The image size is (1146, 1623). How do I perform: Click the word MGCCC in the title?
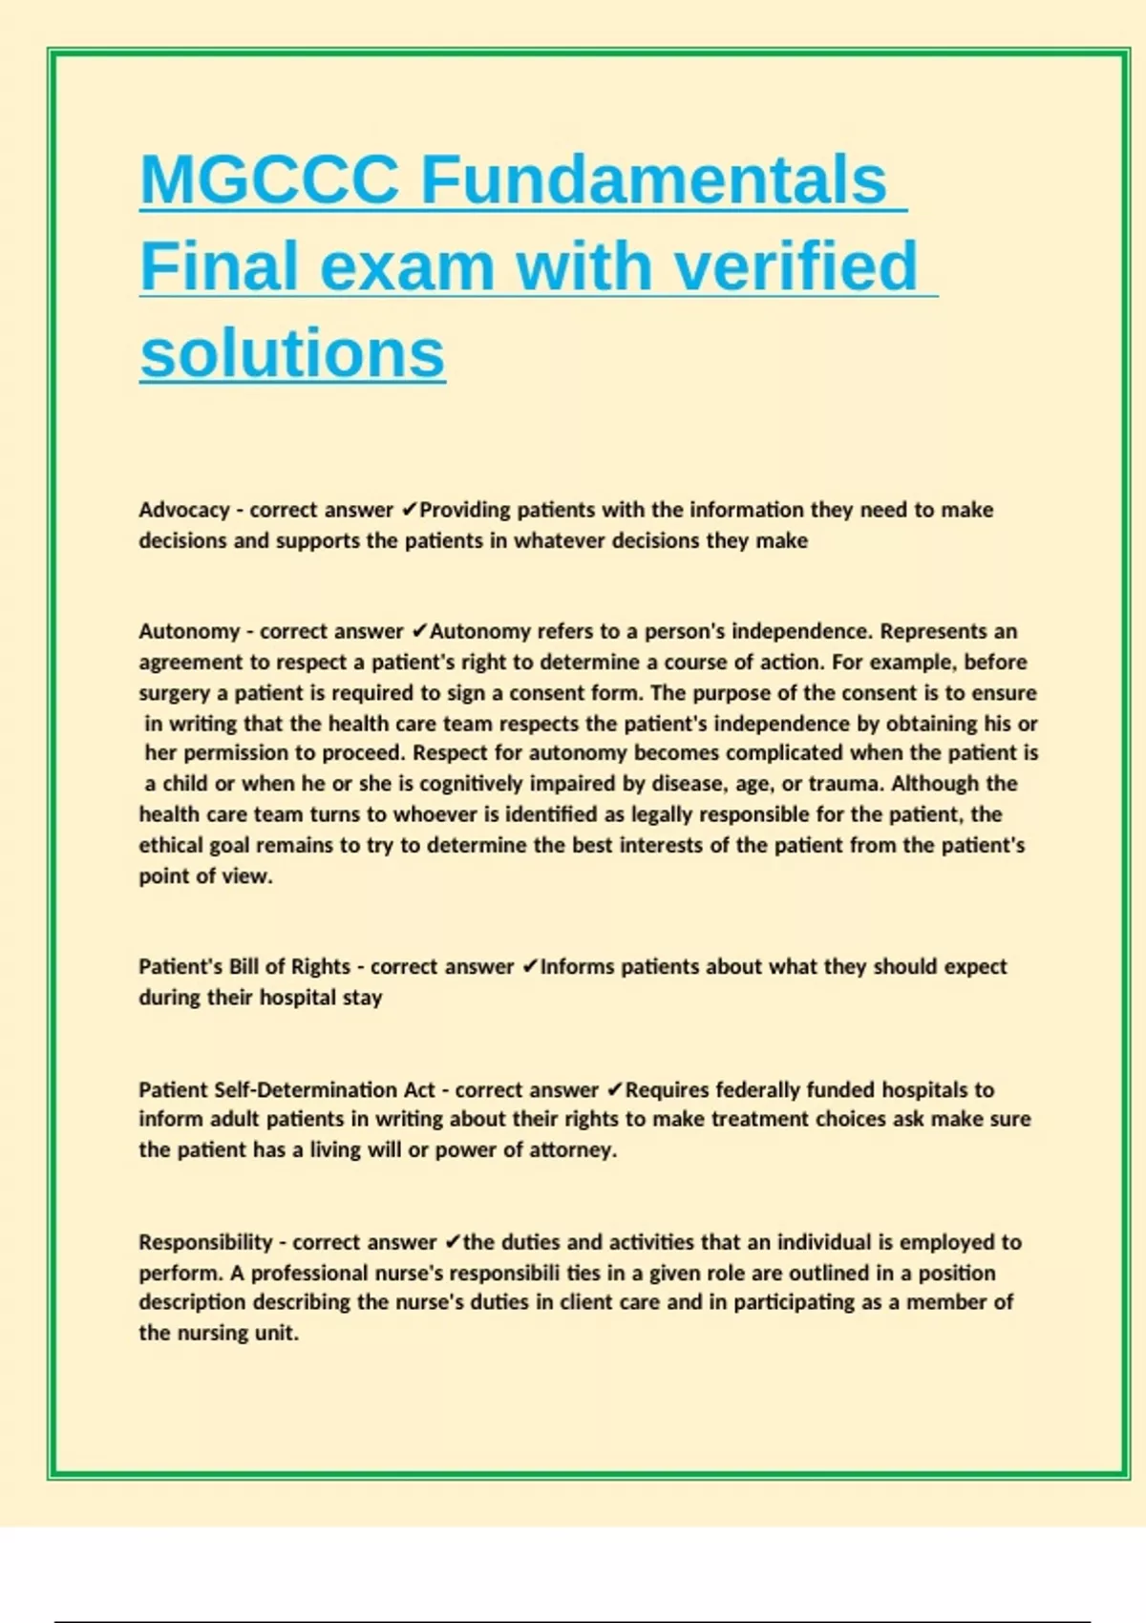pos(269,179)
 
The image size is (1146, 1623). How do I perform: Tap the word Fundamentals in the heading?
pos(653,179)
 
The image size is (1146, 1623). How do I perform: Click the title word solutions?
pos(292,353)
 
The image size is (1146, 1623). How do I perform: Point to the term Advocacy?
pos(183,510)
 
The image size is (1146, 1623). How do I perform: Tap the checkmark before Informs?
pos(530,966)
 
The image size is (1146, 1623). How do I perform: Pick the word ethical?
pos(171,845)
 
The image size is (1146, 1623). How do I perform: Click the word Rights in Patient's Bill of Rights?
pos(320,966)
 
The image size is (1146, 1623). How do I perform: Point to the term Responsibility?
pos(205,1242)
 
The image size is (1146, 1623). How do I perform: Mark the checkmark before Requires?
pos(615,1089)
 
